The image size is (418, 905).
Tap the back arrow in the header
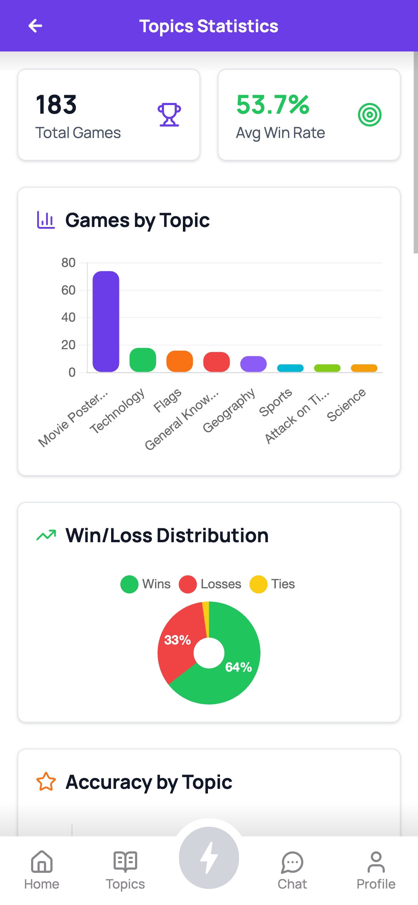pyautogui.click(x=35, y=26)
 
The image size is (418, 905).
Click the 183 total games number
pyautogui.click(x=56, y=105)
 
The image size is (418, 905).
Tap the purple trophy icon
pyautogui.click(x=169, y=115)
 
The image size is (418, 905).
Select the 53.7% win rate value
pyautogui.click(x=273, y=105)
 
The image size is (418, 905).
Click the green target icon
pyautogui.click(x=370, y=115)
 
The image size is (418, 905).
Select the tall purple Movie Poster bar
pyautogui.click(x=106, y=321)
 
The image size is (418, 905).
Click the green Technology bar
pyautogui.click(x=143, y=360)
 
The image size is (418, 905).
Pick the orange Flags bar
pyautogui.click(x=180, y=361)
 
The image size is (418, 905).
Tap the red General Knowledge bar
pyautogui.click(x=217, y=362)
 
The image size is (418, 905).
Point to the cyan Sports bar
pyautogui.click(x=290, y=368)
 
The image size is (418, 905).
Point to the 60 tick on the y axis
pyautogui.click(x=68, y=290)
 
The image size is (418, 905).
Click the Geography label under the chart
pyautogui.click(x=229, y=410)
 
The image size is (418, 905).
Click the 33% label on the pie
pyautogui.click(x=177, y=640)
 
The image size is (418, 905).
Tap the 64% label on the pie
pyautogui.click(x=239, y=667)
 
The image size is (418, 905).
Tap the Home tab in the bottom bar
pyautogui.click(x=42, y=869)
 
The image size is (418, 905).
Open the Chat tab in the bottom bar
pyautogui.click(x=292, y=869)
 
